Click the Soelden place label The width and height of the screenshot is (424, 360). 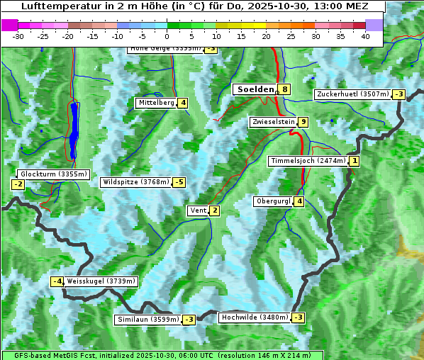pos(255,89)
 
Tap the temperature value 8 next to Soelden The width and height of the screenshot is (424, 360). pos(284,89)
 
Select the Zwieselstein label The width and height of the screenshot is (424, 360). pos(272,122)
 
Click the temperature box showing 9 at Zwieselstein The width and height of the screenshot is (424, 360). pos(303,122)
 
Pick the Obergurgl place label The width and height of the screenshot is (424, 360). pos(273,201)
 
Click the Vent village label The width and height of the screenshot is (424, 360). pos(198,210)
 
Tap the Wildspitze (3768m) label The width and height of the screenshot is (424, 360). pos(136,182)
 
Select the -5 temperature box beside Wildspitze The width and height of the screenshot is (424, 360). pos(179,182)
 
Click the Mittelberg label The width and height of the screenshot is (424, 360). pos(156,103)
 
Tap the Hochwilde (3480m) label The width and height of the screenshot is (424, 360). pos(255,317)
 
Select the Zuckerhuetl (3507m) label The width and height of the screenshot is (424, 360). pos(353,94)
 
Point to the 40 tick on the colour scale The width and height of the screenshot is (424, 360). pos(365,36)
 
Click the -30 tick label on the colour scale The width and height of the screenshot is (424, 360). pos(18,36)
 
